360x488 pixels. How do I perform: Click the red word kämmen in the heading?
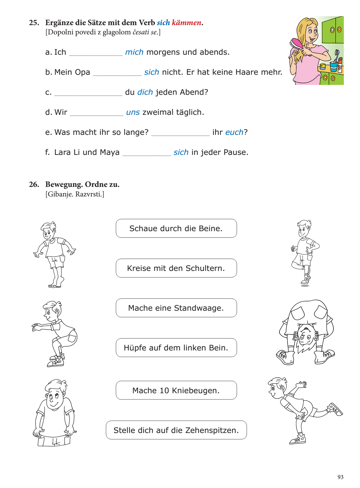pos(186,23)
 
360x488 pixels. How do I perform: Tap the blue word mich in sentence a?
pos(134,52)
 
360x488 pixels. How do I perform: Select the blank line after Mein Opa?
pos(117,73)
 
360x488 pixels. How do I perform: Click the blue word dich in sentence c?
pos(145,92)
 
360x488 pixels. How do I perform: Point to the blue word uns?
pos(133,112)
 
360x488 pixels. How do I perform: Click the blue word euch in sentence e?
pos(234,132)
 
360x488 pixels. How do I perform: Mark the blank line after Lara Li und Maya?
pos(146,153)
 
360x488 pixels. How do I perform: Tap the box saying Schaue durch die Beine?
pos(176,228)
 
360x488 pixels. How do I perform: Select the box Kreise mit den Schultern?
pos(176,268)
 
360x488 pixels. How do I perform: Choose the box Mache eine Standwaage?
pos(176,308)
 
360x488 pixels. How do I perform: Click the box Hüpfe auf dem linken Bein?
pos(176,348)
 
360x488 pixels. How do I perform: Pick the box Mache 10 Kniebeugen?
pos(176,391)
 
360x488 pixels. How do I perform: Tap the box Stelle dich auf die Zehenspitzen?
pos(176,430)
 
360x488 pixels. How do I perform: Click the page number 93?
pos(340,477)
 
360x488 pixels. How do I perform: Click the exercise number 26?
pos(34,184)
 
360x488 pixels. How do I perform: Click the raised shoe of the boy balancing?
pos(335,409)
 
